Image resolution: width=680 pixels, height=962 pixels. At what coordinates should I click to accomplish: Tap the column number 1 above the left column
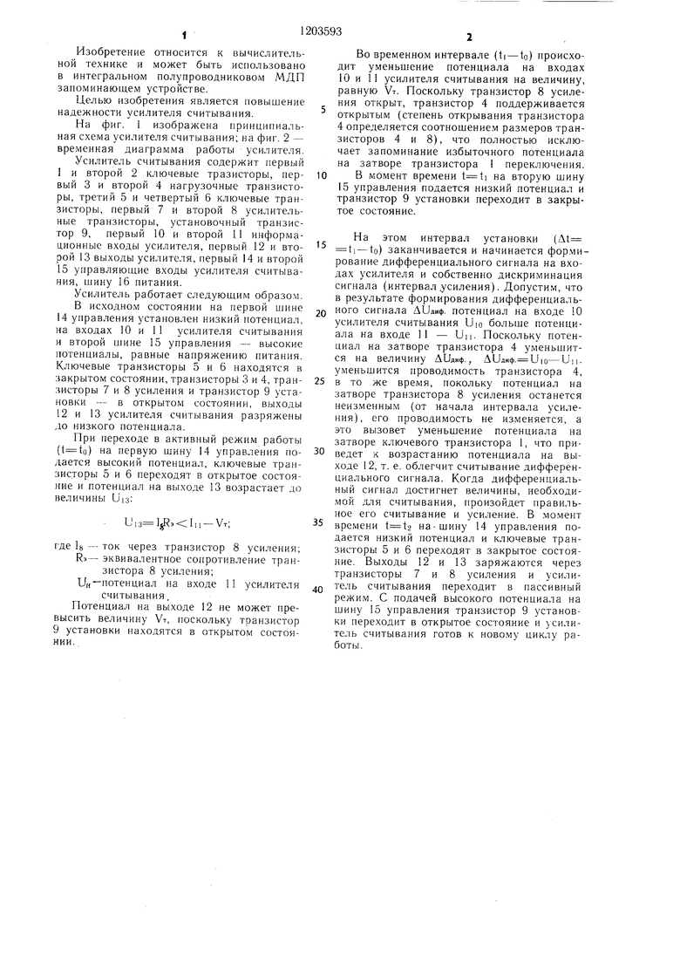(x=185, y=36)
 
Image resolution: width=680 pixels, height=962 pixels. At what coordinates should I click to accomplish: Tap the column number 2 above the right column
(x=468, y=36)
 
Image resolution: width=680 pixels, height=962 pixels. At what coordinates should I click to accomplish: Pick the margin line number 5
(x=323, y=110)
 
